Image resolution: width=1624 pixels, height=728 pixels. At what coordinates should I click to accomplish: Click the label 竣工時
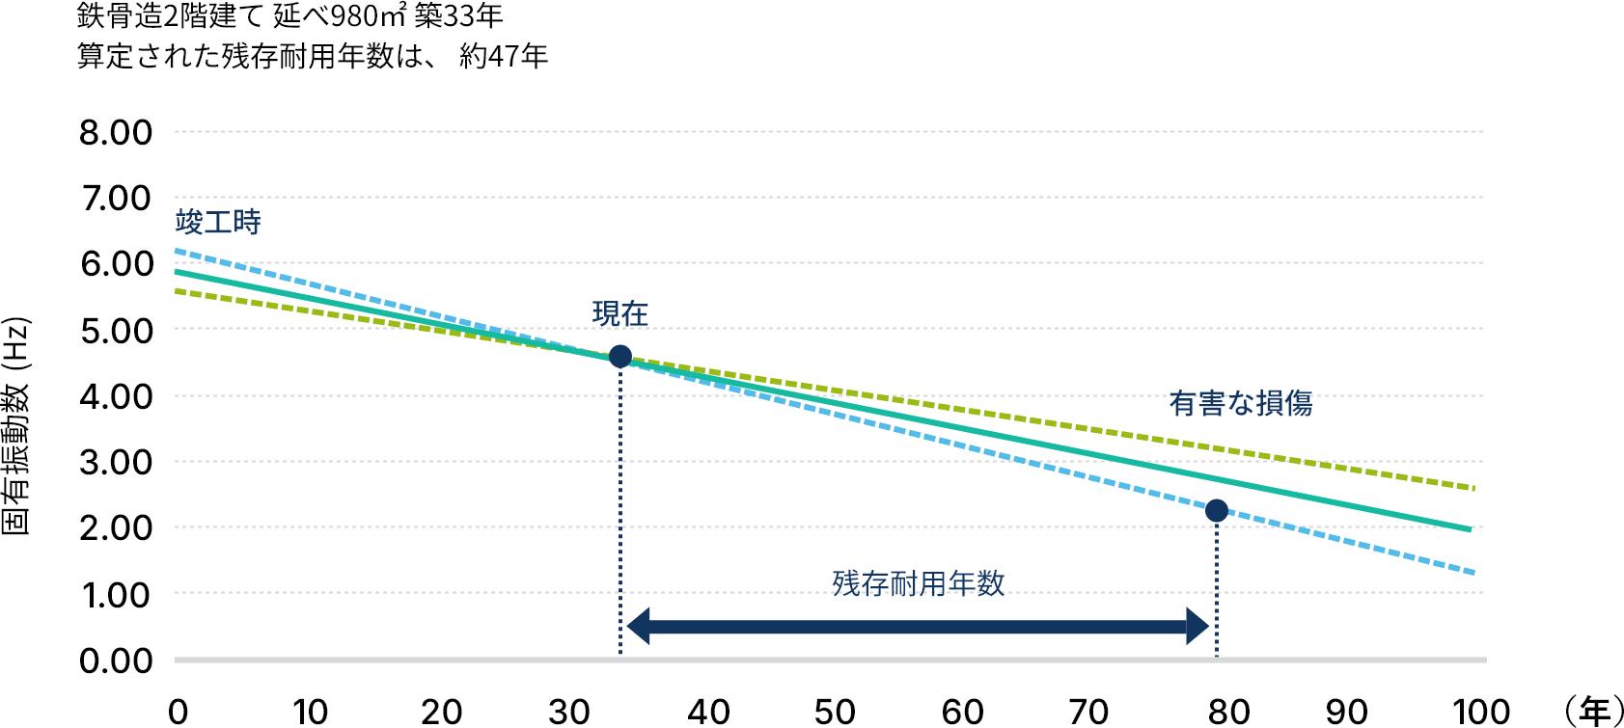[218, 223]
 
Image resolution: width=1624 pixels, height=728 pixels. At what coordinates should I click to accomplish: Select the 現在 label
[619, 313]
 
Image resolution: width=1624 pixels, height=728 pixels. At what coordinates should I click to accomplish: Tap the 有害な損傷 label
[1240, 403]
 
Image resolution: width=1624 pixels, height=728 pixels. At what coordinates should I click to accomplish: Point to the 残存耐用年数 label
[918, 582]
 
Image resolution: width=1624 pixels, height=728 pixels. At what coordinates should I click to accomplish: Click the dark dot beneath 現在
[620, 357]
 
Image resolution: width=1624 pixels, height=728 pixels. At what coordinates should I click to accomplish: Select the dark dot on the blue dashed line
[1217, 510]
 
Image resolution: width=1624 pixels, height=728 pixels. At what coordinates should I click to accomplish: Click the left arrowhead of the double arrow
[639, 626]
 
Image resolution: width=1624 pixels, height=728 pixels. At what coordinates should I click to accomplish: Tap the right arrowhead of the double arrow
[1197, 626]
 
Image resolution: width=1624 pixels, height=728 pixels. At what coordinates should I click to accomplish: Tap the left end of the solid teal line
[178, 272]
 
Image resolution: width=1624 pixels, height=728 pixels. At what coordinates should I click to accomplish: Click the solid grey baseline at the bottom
[830, 660]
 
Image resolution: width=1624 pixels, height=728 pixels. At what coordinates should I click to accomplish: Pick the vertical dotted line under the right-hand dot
[1217, 588]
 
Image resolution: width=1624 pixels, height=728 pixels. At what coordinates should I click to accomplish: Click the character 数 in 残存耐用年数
[990, 582]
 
